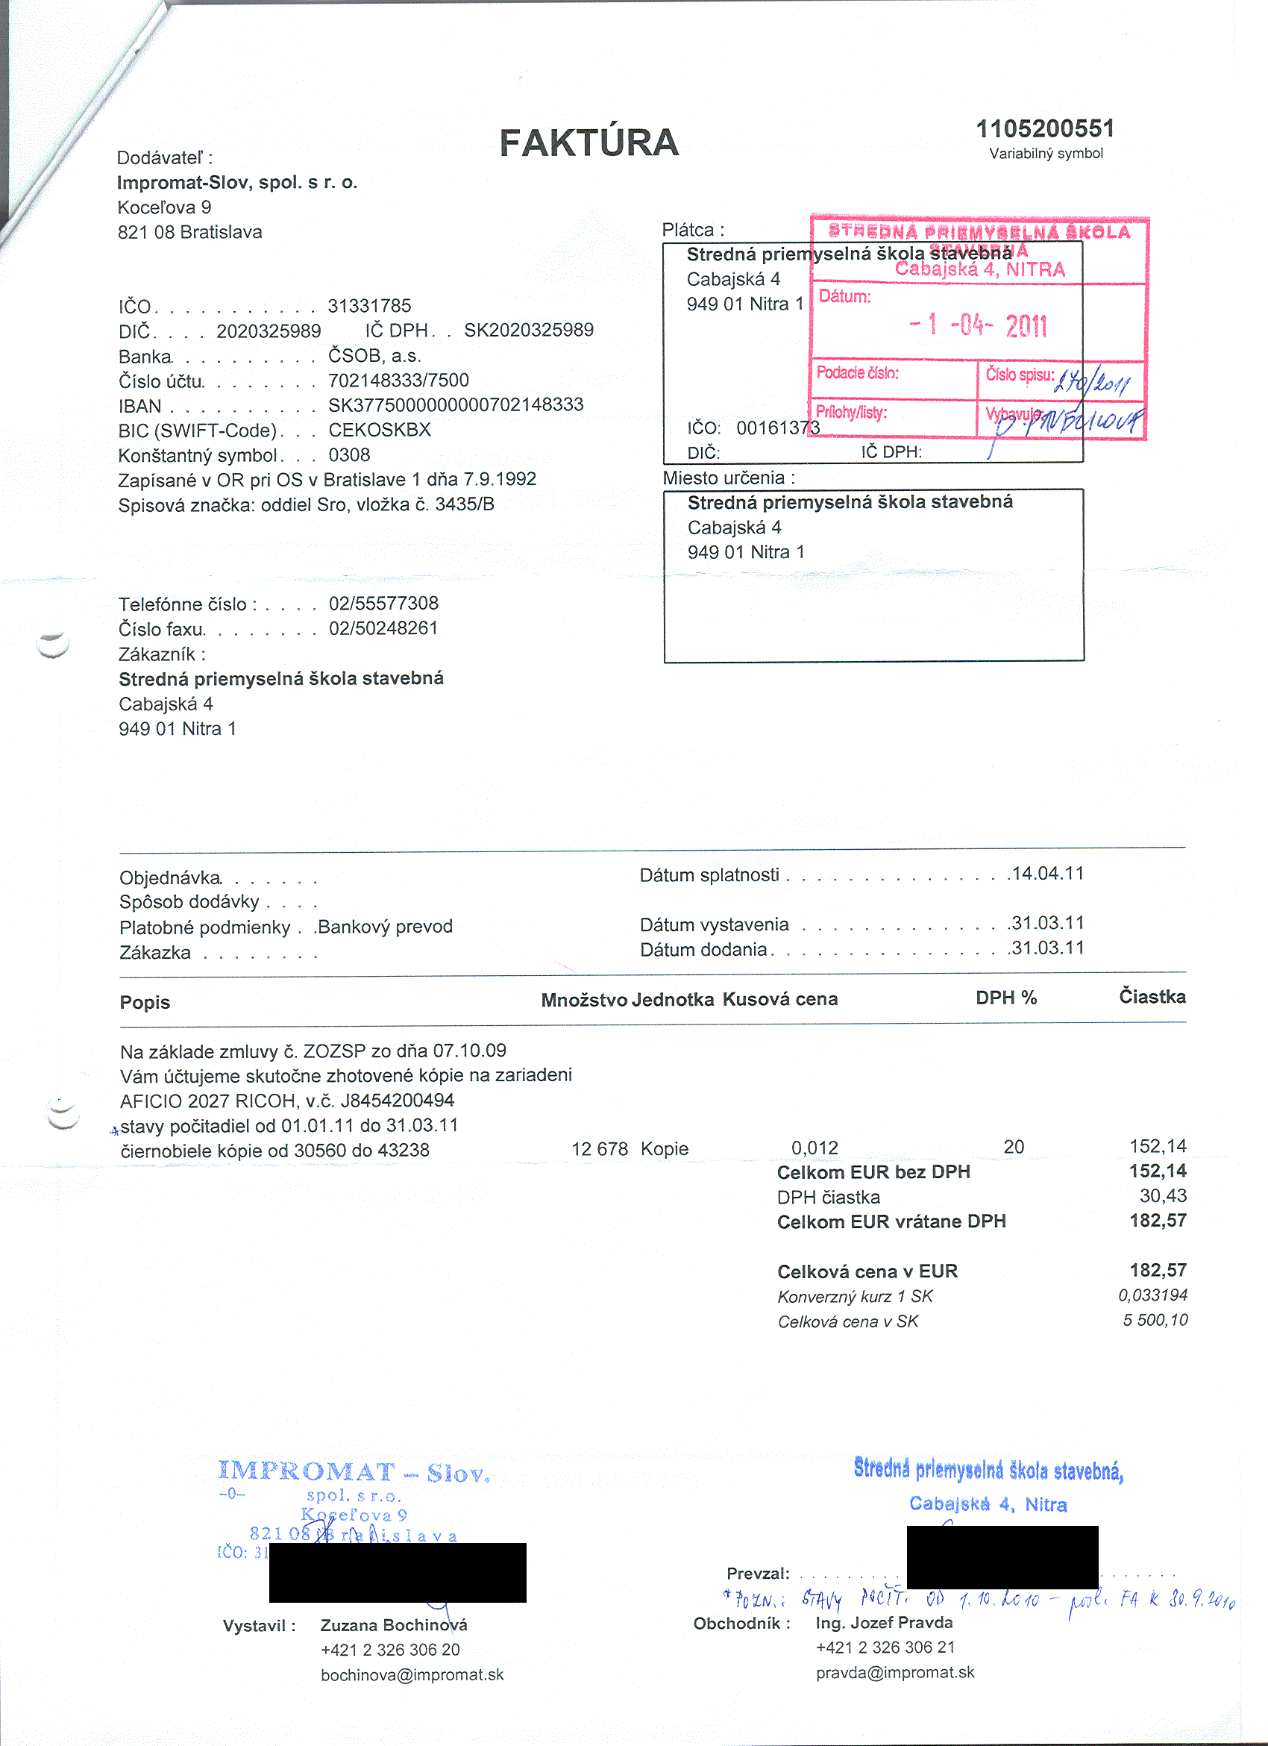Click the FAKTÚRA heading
coord(589,143)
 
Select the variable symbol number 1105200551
coord(1045,128)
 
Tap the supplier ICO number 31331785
coord(369,306)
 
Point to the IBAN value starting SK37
coord(456,405)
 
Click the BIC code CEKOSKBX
coord(380,430)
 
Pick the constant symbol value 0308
coord(349,455)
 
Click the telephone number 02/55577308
coord(383,603)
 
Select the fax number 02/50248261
coord(383,628)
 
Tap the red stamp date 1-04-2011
coord(978,325)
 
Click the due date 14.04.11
coord(1047,874)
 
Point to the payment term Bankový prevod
coord(385,926)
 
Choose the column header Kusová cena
coord(779,999)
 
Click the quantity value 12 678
coord(600,1148)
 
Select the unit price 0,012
coord(814,1148)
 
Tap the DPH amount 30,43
coord(1163,1195)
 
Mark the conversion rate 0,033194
coord(1152,1295)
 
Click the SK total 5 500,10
coord(1155,1320)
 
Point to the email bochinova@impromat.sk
coord(412,1674)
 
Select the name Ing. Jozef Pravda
coord(884,1622)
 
